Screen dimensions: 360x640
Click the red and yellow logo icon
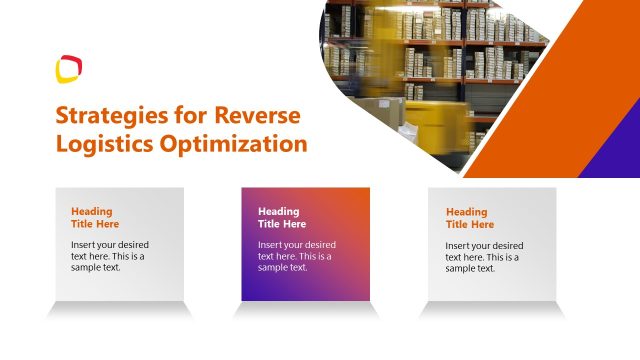pos(68,69)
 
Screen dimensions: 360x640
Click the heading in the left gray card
pos(95,217)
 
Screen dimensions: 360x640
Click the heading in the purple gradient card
pos(282,217)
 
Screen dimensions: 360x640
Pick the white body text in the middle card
pos(296,256)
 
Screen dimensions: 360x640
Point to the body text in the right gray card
pos(483,256)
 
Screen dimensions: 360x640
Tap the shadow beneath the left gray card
pos(120,310)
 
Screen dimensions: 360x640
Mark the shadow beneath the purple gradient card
pos(306,310)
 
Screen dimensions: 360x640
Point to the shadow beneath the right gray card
pos(493,310)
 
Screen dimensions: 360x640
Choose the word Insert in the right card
pos(459,245)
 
